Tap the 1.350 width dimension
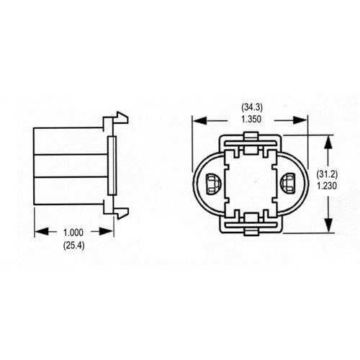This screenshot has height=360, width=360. click(251, 120)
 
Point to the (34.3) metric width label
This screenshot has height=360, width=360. click(251, 108)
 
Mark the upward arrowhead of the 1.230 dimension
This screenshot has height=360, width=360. click(330, 139)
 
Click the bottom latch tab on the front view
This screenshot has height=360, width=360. click(251, 229)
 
